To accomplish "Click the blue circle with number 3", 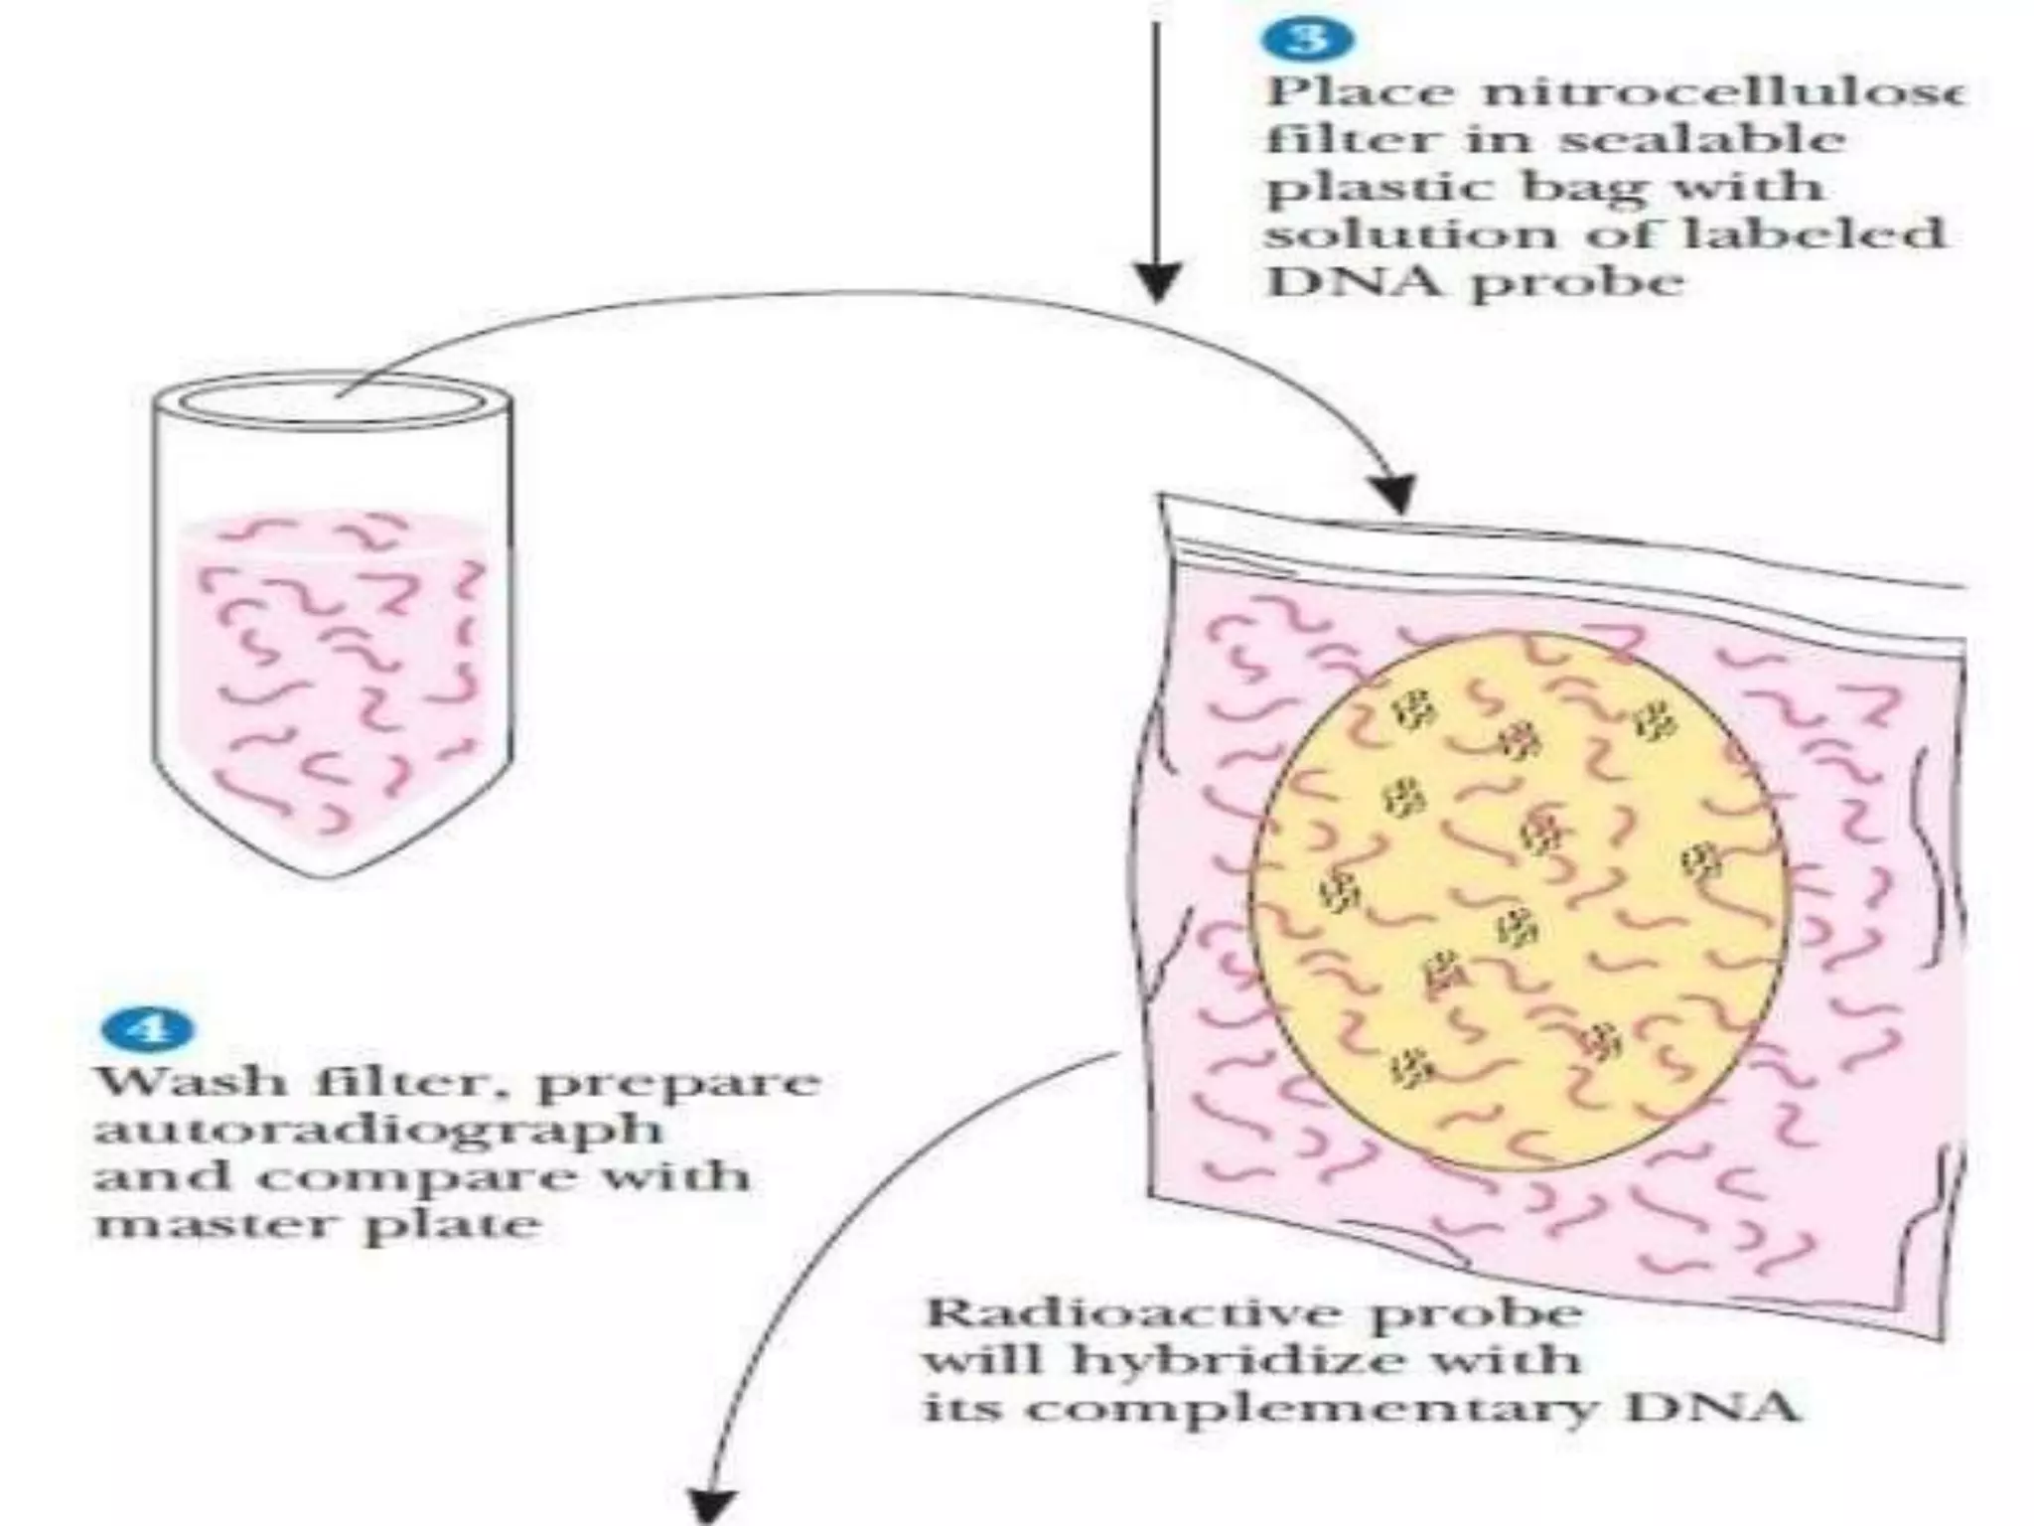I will [1308, 39].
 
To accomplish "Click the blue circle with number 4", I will [146, 1028].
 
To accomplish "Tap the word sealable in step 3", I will [1699, 139].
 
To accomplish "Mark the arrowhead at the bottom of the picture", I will [712, 1505].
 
